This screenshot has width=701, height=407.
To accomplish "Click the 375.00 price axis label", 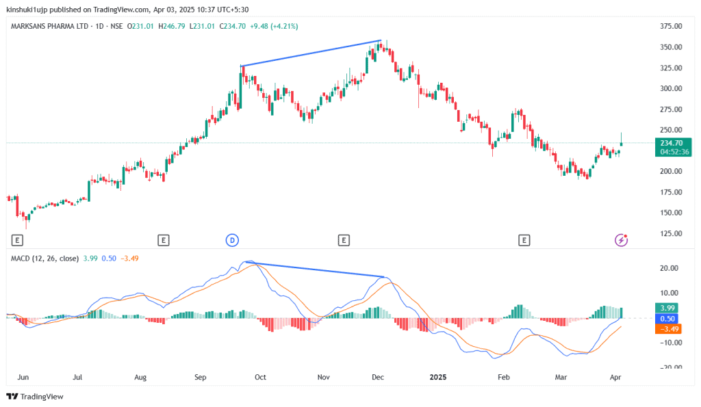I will [670, 27].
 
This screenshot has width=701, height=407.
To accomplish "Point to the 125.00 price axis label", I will [670, 233].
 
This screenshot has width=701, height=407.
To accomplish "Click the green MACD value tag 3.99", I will [665, 308].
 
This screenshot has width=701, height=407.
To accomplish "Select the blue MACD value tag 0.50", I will [665, 319].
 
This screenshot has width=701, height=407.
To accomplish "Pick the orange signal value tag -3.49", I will [667, 329].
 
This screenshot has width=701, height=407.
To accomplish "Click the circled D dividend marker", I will [232, 239].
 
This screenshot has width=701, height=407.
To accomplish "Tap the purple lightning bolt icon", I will [621, 239].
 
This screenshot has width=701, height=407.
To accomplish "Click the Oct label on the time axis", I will [260, 377].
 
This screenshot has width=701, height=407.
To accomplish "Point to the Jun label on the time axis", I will [23, 377].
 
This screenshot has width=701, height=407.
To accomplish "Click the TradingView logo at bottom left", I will [36, 396].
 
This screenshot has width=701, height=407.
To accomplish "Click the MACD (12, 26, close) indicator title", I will [44, 258].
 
